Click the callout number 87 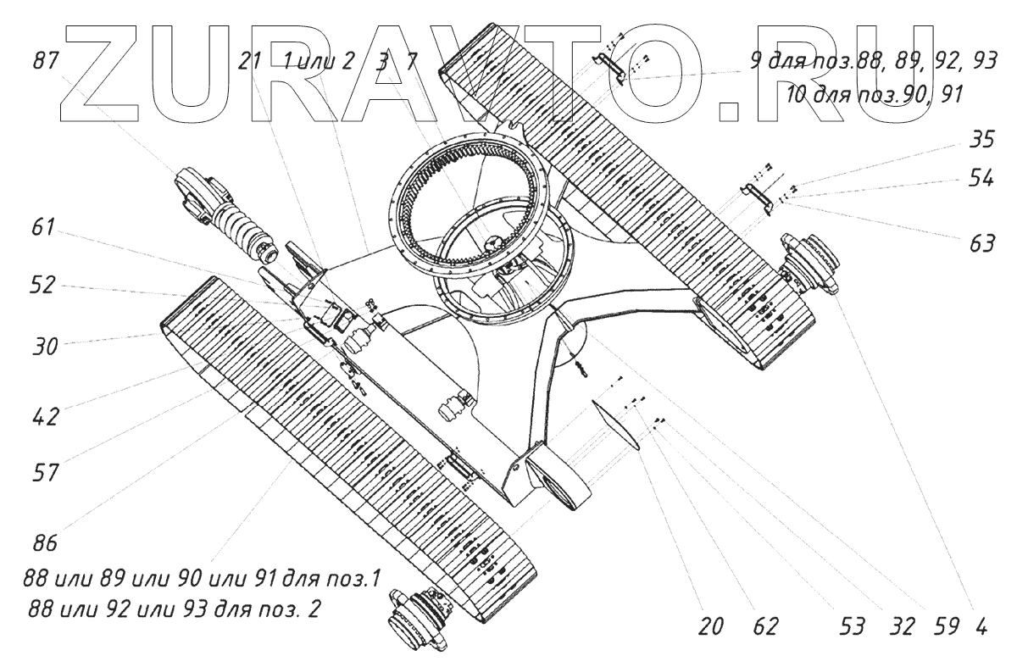[x=47, y=61]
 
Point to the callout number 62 [x=766, y=627]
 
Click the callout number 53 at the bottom [x=853, y=627]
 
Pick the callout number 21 [x=251, y=61]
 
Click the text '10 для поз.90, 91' [x=874, y=94]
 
